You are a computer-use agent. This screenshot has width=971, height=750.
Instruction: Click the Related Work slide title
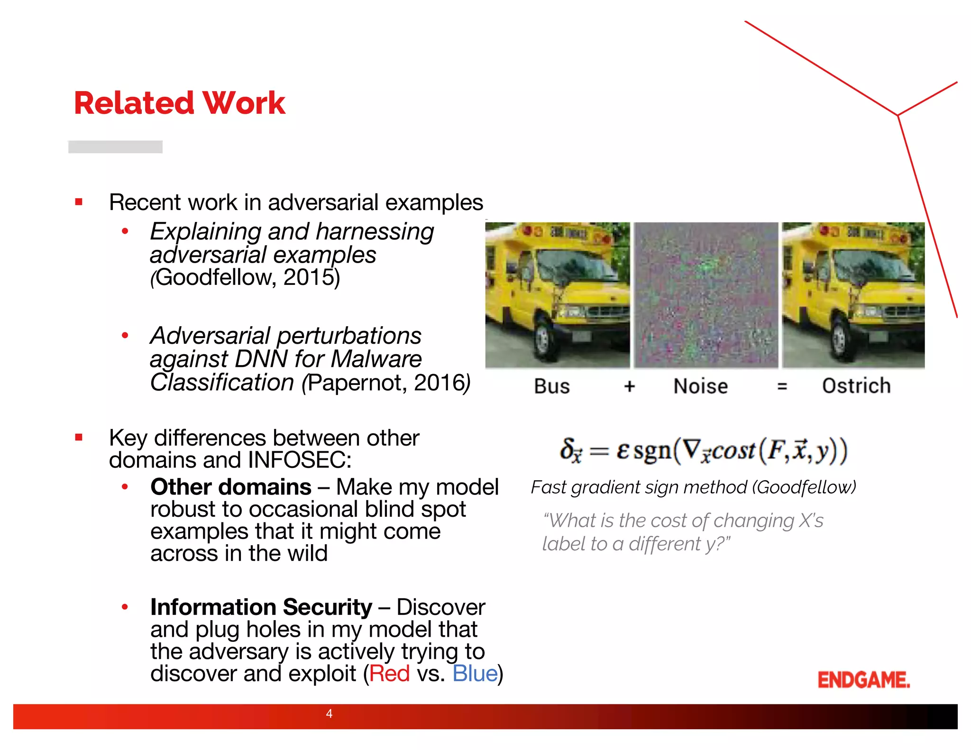(x=179, y=103)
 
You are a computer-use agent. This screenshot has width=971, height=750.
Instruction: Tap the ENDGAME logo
(x=863, y=680)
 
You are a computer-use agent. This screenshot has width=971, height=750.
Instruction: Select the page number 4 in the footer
(x=329, y=713)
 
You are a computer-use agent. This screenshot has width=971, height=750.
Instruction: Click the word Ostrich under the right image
(x=856, y=386)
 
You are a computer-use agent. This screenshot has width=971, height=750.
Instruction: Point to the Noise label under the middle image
(x=700, y=386)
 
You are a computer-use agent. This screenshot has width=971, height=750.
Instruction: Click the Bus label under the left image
(x=551, y=386)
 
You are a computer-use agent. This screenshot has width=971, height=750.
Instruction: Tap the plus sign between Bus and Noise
(x=629, y=386)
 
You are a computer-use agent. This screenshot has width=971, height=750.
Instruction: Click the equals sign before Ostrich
(x=782, y=386)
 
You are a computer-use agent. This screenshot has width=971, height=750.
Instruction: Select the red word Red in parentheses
(x=389, y=674)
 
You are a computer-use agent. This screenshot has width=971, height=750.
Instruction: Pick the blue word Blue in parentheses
(x=475, y=674)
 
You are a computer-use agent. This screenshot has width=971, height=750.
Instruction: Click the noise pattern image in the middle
(x=706, y=295)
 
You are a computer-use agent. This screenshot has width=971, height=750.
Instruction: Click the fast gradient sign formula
(x=703, y=450)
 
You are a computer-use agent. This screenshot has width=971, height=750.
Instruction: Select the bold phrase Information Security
(x=261, y=607)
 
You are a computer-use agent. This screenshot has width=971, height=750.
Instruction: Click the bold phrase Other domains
(x=230, y=487)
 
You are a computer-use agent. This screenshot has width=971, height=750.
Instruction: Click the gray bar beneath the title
(x=115, y=147)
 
